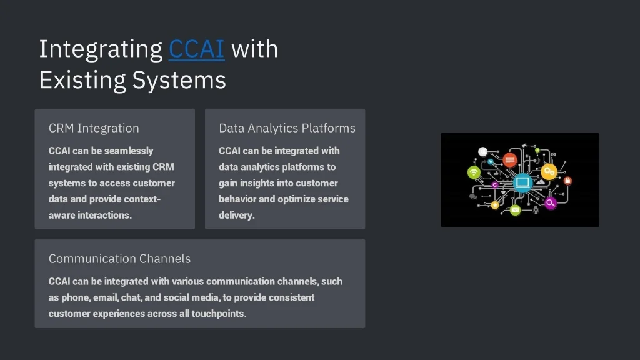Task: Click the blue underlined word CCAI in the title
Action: (x=196, y=49)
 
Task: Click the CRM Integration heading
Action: (x=94, y=128)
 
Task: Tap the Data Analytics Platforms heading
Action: (x=287, y=128)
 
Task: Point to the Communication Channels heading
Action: (x=119, y=259)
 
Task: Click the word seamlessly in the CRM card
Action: (x=129, y=151)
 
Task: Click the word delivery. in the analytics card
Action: (x=237, y=216)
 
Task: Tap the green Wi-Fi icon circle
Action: (x=474, y=172)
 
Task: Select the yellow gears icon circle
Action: (x=549, y=171)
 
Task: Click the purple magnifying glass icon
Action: (x=551, y=203)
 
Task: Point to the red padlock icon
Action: (x=567, y=181)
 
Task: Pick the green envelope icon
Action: (x=515, y=210)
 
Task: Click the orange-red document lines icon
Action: (x=510, y=160)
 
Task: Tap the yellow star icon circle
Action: (x=495, y=204)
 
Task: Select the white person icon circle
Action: (x=482, y=151)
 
